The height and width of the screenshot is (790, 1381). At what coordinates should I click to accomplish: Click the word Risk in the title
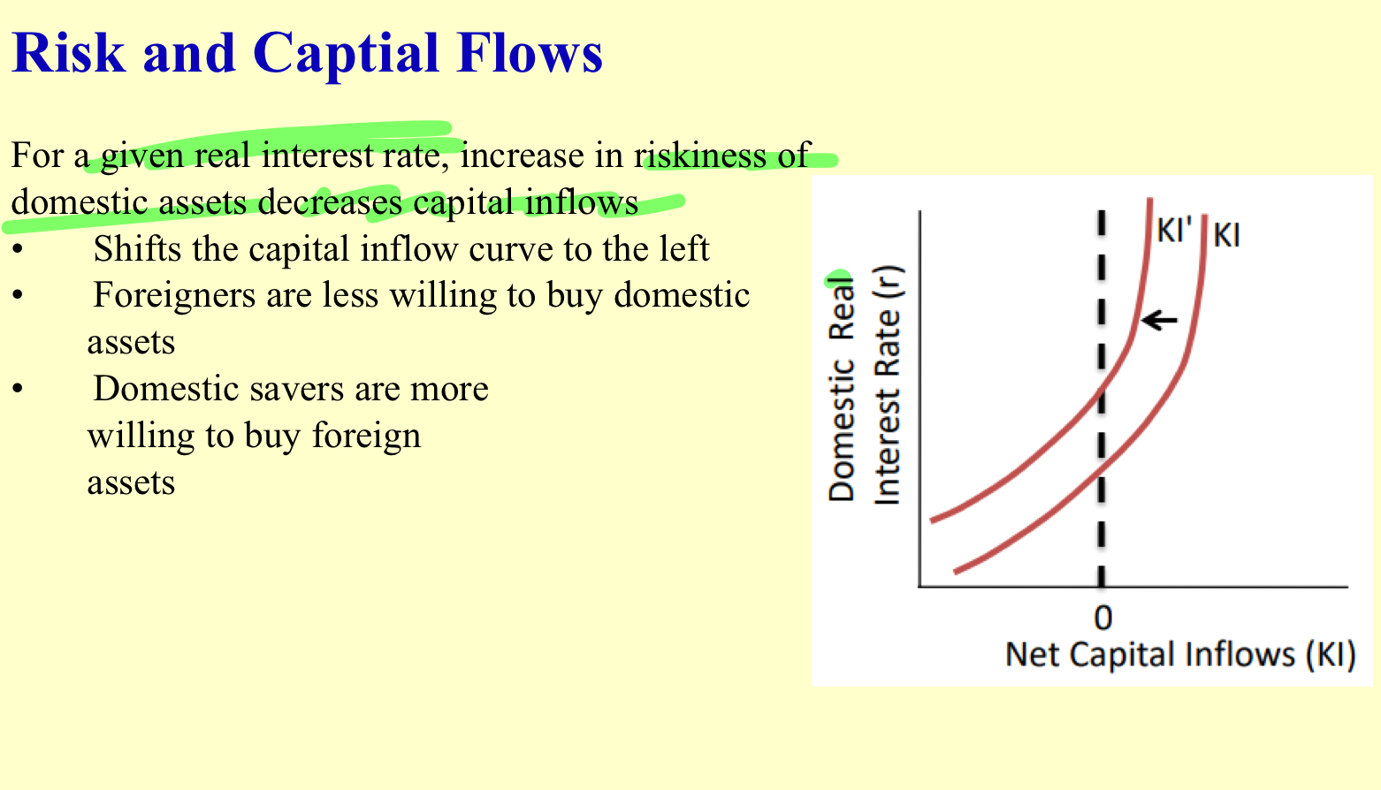click(x=68, y=53)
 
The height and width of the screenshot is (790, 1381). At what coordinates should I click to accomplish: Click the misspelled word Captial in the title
click(x=346, y=56)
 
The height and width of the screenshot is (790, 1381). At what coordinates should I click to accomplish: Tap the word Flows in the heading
click(x=530, y=53)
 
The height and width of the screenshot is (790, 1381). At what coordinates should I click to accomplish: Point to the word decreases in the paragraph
click(x=329, y=202)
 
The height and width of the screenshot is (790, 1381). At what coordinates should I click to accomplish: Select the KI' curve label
click(x=1174, y=232)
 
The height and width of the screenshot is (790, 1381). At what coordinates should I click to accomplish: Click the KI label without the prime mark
click(x=1226, y=235)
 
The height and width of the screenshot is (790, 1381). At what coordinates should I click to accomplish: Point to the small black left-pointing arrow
click(x=1159, y=320)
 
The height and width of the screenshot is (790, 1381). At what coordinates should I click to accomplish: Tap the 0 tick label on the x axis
click(x=1103, y=618)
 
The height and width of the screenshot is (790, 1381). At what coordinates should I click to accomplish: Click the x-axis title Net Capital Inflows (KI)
click(x=1180, y=655)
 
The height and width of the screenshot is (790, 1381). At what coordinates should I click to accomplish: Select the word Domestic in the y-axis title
click(x=841, y=430)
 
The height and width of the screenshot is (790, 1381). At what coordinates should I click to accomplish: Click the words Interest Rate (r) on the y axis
click(x=888, y=385)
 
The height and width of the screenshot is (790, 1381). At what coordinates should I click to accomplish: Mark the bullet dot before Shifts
click(x=18, y=250)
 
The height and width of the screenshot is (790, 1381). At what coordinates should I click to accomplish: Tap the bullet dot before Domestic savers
click(x=18, y=390)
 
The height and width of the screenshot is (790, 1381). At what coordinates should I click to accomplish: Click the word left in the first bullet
click(x=683, y=248)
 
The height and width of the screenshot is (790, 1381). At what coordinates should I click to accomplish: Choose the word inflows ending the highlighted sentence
click(x=582, y=202)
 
